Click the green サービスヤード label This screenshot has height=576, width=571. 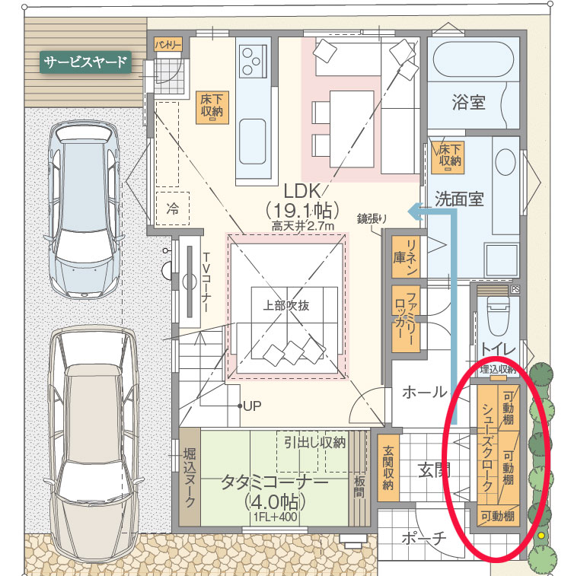(85, 62)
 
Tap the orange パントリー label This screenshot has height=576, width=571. (168, 45)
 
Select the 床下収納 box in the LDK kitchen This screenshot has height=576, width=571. (212, 107)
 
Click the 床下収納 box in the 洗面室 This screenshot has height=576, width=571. (448, 157)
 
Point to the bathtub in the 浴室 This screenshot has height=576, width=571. (474, 59)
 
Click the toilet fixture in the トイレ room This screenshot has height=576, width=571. (498, 313)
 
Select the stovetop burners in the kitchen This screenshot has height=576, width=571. (252, 61)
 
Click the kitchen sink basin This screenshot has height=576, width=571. (253, 142)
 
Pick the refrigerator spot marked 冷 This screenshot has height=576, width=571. (172, 208)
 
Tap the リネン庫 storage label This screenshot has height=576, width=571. (406, 256)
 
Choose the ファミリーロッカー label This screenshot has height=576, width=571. (406, 319)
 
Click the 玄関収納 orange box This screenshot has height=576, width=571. (388, 468)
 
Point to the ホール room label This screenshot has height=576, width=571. (424, 392)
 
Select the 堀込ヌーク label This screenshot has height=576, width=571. (190, 477)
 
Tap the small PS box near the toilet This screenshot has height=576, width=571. (515, 289)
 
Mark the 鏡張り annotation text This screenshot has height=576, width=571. (372, 219)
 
